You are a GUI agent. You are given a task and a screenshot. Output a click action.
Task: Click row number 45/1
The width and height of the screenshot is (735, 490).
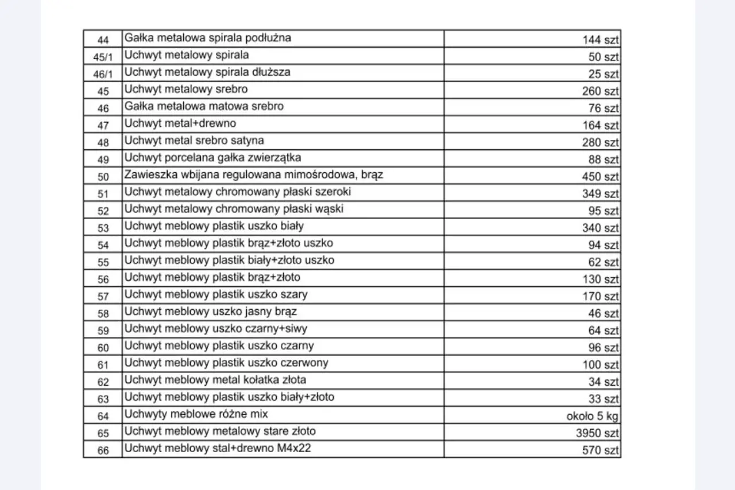tap(103, 57)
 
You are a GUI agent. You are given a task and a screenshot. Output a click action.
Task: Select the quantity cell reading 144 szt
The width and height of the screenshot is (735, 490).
tap(600, 40)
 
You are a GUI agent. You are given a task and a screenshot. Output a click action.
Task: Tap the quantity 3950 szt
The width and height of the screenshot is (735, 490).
tap(597, 433)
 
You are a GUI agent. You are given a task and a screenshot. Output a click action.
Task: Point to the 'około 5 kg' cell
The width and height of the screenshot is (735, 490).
tap(592, 417)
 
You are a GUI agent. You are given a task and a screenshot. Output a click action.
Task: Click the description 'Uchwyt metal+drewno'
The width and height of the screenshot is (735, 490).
tap(180, 123)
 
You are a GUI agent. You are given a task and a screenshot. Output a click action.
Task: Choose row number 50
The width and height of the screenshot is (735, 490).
tap(103, 177)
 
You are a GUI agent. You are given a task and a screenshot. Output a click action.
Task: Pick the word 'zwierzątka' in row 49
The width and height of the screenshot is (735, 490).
tap(275, 157)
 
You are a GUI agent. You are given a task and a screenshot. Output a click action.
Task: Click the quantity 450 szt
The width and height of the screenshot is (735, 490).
tap(600, 177)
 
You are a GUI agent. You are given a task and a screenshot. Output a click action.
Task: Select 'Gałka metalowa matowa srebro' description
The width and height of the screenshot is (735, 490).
tap(204, 106)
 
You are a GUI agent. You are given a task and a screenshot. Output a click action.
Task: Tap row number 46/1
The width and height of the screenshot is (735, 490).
tap(103, 74)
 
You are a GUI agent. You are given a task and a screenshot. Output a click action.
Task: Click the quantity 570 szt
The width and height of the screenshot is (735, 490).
tap(600, 450)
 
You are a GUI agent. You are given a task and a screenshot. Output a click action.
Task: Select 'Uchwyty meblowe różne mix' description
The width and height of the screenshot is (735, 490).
tap(196, 414)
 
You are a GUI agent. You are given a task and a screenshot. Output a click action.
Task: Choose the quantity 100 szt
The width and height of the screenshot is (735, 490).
tap(600, 365)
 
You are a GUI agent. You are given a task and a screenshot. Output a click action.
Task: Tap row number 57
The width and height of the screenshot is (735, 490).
tap(103, 297)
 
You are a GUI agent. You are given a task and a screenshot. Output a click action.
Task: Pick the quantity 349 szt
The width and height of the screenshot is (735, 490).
tap(600, 194)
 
